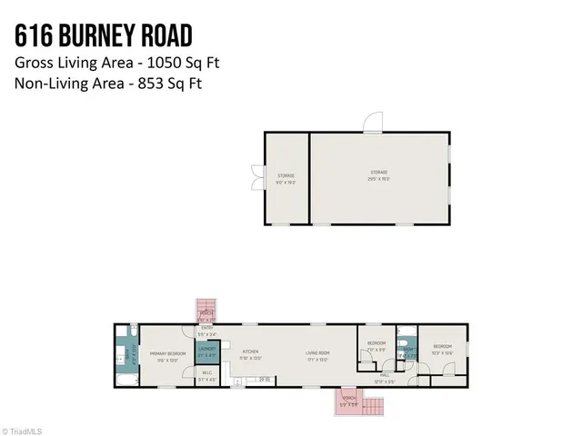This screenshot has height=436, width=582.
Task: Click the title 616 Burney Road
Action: tap(103, 35)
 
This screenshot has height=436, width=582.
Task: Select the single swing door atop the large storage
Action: tap(373, 124)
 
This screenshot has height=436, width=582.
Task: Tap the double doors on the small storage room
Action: tap(256, 176)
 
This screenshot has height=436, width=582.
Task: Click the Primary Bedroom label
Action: tap(168, 354)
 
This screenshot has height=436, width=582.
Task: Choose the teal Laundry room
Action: tap(206, 352)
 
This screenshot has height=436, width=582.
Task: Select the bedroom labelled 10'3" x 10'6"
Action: tap(443, 349)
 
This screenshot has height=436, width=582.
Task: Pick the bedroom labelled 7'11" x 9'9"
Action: tap(376, 345)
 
